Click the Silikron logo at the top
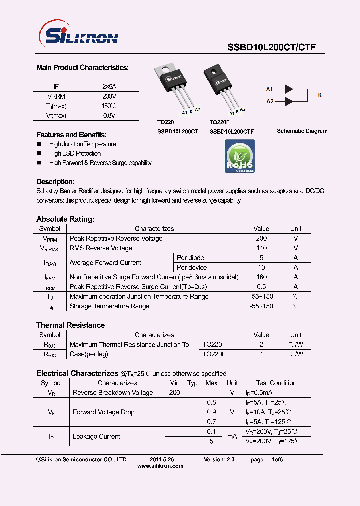click(x=78, y=36)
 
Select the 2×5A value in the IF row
click(x=109, y=86)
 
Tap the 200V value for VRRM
click(x=109, y=96)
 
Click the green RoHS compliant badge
click(x=240, y=156)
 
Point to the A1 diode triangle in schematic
click(x=288, y=89)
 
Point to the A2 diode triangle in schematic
click(x=288, y=101)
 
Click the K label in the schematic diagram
click(x=320, y=95)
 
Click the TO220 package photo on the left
click(x=175, y=87)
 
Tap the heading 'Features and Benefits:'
click(x=71, y=135)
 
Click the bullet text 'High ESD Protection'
click(x=75, y=154)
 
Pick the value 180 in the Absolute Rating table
click(x=261, y=277)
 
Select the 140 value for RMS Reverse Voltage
click(x=261, y=248)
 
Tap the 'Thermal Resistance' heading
click(x=70, y=325)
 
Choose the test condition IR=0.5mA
click(x=272, y=393)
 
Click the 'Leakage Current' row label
click(x=96, y=436)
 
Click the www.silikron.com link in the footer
click(x=160, y=466)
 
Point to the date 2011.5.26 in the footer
click(x=162, y=459)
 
